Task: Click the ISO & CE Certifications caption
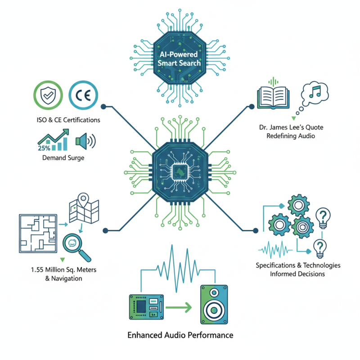coord(69,120)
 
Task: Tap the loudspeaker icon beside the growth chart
coord(85,141)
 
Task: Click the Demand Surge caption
coord(63,158)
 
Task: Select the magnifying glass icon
coord(75,246)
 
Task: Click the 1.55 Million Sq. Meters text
coord(63,270)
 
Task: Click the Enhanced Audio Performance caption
coord(180,335)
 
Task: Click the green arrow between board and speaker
coord(179,308)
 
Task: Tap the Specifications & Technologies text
coord(298,265)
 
